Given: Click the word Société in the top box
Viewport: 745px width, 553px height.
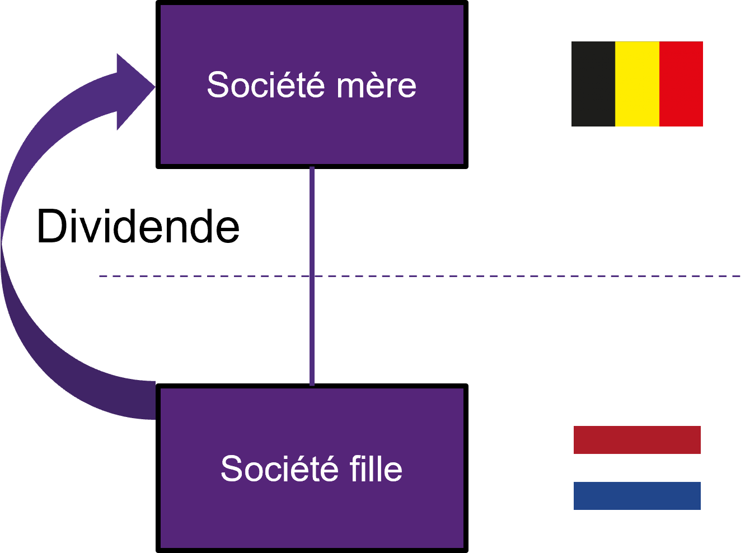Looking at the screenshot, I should [266, 85].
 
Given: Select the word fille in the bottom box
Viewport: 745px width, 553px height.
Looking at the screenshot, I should [376, 468].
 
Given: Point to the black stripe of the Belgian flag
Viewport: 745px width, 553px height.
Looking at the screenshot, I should [593, 84].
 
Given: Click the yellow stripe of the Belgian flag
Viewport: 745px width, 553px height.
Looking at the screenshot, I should [637, 84].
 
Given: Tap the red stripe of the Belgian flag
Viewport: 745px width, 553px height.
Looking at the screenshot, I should [681, 84].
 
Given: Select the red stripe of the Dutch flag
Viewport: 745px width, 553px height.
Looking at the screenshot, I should [637, 440].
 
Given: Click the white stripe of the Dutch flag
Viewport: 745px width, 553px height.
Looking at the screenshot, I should [637, 468].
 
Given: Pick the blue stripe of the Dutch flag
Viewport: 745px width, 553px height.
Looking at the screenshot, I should [637, 496].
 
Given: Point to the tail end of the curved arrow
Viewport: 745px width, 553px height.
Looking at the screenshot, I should [148, 400].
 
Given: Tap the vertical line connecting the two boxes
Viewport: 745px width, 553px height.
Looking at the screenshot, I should [312, 224].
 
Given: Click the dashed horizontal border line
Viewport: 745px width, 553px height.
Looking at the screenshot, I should [504, 276].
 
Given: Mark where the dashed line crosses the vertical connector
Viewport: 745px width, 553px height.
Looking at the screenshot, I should [312, 276].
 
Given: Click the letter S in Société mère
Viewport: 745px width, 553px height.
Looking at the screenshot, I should [218, 85].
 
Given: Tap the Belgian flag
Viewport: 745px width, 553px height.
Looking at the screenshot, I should [637, 84].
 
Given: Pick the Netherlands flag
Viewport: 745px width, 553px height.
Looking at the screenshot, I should [637, 468].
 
